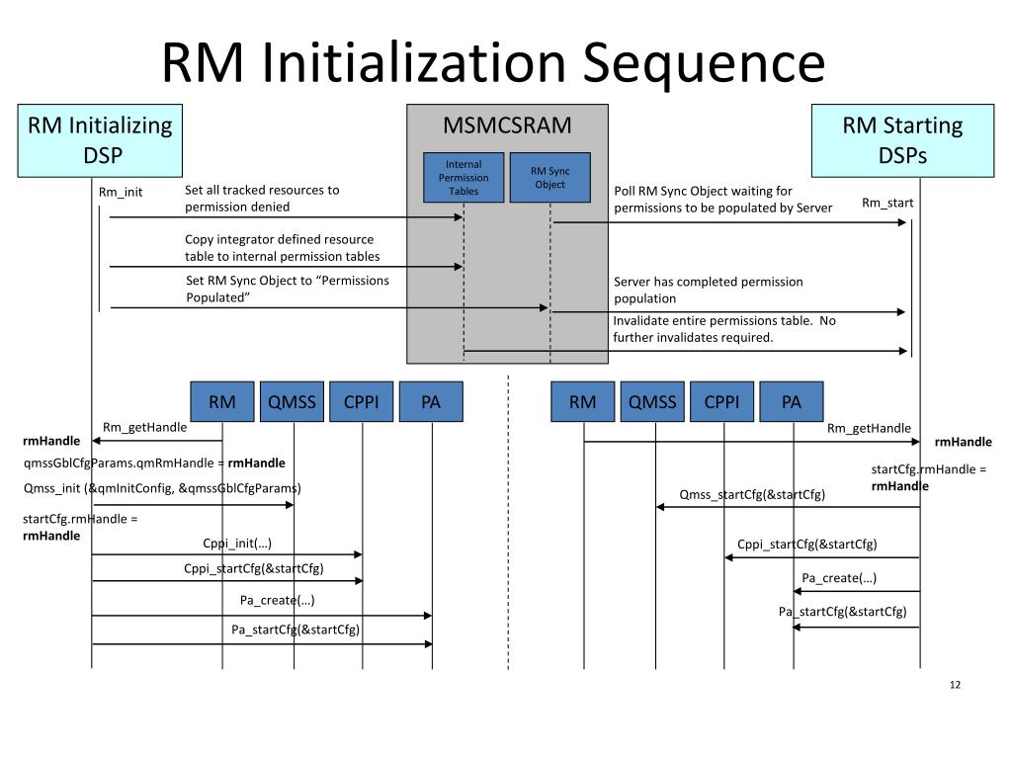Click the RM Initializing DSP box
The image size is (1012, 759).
100,139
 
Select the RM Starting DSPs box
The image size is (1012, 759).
902,139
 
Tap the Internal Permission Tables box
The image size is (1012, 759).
464,178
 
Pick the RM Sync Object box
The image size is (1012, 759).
549,178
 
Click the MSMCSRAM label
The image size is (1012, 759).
507,126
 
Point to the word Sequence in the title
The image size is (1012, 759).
703,63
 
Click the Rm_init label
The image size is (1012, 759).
121,192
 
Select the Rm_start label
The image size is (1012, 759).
887,203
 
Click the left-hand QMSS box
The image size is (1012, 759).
293,401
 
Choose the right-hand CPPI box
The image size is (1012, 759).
722,401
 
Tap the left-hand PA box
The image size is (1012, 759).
431,401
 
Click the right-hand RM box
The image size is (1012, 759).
583,401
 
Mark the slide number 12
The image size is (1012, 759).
955,686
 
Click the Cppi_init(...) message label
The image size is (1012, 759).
237,543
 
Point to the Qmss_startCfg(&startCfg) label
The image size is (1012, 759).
752,494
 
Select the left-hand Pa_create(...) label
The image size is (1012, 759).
278,600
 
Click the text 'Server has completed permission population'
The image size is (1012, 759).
708,290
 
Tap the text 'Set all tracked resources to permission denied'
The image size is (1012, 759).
262,198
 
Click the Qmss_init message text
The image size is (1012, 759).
162,487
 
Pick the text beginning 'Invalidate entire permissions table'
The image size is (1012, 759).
723,328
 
